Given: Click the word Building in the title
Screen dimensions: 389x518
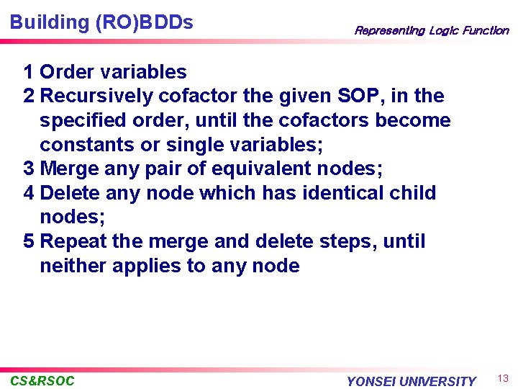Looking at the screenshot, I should [x=49, y=22].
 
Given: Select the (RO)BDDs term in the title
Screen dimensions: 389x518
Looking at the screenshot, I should [x=144, y=22].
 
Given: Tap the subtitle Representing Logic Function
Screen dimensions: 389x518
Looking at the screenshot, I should [x=431, y=30].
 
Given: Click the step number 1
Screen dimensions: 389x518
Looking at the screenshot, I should [x=28, y=72].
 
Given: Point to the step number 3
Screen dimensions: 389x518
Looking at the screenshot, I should [x=28, y=169].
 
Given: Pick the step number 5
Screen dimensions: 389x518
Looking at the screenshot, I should [x=28, y=241].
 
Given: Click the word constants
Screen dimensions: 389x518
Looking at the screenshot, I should [x=86, y=145].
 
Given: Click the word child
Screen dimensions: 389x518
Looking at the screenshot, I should [x=411, y=193].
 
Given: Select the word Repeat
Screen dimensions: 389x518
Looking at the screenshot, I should [x=71, y=241].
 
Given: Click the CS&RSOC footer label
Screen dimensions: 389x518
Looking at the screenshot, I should [x=42, y=380].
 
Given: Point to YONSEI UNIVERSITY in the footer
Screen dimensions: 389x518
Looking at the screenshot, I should [x=411, y=381].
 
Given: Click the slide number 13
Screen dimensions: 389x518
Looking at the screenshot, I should [x=504, y=379].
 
